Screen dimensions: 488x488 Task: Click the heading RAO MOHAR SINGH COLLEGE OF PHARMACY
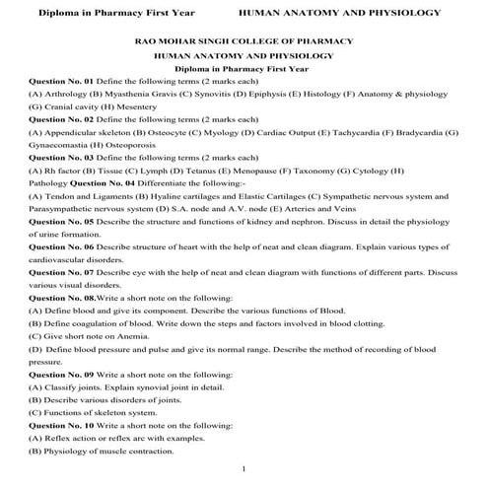pyautogui.click(x=244, y=42)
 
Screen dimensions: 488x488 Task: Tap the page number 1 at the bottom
pyautogui.click(x=244, y=468)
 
